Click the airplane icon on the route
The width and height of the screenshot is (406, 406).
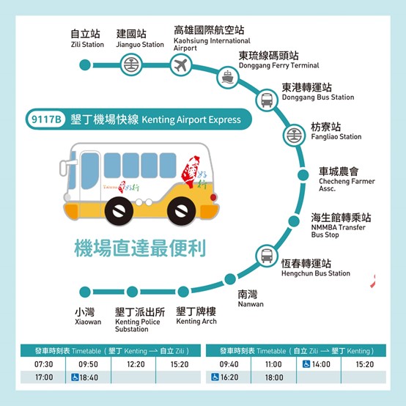(x=181, y=65)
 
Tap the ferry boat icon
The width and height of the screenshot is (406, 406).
(x=227, y=77)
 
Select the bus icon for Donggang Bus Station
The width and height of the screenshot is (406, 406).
(x=267, y=100)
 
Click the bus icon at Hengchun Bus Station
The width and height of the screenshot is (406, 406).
(x=267, y=256)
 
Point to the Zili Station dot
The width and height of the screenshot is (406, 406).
(x=85, y=64)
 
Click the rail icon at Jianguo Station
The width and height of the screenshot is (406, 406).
(x=131, y=64)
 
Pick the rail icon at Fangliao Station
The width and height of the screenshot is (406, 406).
(x=294, y=135)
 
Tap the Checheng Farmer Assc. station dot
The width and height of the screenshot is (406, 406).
(x=303, y=175)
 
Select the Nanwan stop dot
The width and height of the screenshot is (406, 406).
(x=230, y=279)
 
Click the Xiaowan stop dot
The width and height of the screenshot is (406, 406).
(x=85, y=292)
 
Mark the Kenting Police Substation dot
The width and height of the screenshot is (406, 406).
(x=133, y=292)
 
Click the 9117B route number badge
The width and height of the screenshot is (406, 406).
(x=46, y=119)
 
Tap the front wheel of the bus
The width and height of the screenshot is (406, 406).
(x=119, y=210)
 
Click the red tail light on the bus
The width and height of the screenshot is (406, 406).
(x=213, y=197)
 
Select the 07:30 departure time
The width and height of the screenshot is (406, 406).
(x=44, y=364)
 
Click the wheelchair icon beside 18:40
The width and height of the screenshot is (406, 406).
(x=75, y=377)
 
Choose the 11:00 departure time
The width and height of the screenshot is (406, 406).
(x=273, y=364)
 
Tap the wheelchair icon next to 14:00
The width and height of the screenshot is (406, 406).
(x=306, y=364)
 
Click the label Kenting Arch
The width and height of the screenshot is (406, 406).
(x=196, y=321)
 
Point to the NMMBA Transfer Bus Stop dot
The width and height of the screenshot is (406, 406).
(x=294, y=221)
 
